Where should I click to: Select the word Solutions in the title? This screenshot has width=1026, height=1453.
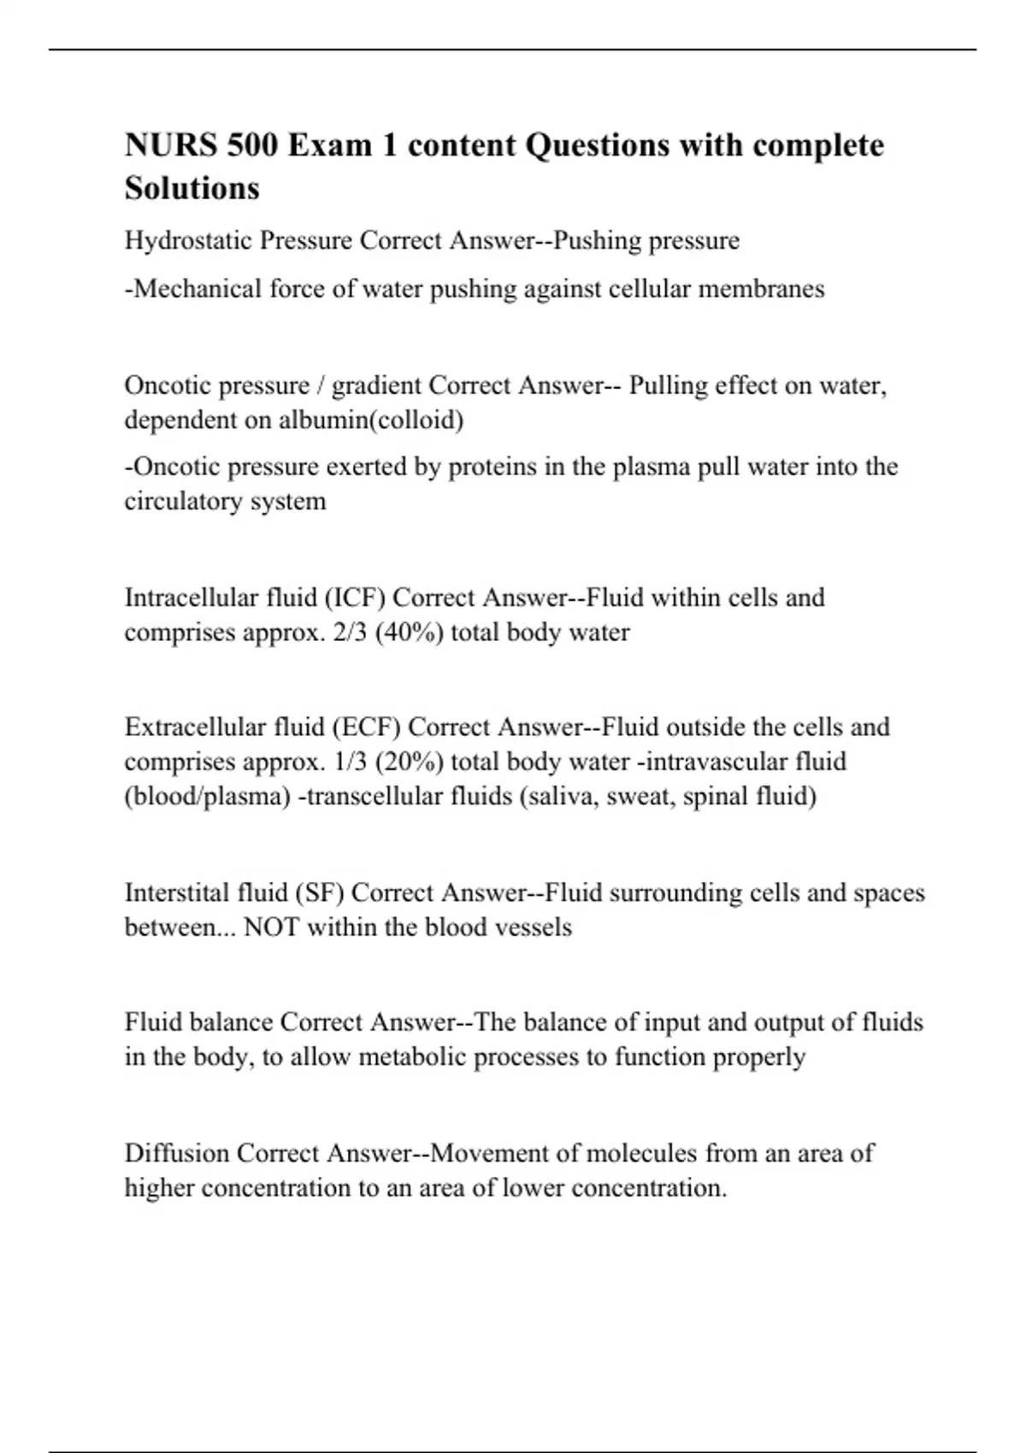(192, 189)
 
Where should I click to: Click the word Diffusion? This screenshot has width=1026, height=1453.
(176, 1153)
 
